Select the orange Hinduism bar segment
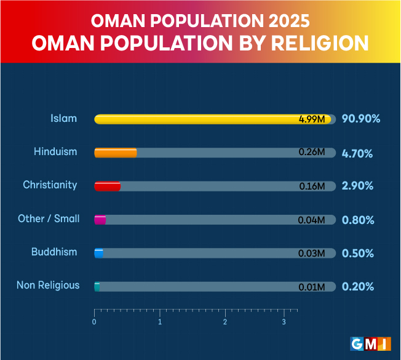point(116,153)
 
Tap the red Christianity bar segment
point(108,186)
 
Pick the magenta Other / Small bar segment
point(100,220)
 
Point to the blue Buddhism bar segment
point(98,253)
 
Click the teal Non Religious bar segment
point(97,286)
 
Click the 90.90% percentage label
point(361,119)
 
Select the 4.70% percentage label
point(357,153)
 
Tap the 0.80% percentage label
point(358,220)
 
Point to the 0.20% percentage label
point(357,286)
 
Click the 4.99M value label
point(312,119)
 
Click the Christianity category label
point(50,185)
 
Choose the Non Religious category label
point(48,285)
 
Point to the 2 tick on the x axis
point(226,321)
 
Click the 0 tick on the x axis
point(94,321)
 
